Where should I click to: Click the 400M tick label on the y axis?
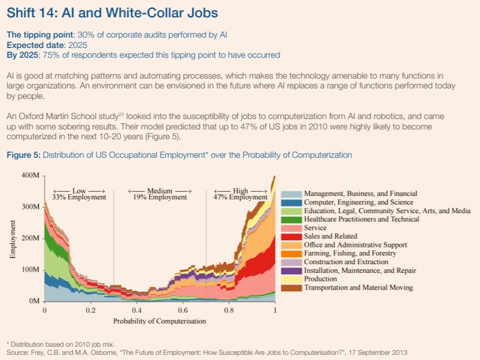(x=31, y=175)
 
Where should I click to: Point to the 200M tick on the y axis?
(x=31, y=238)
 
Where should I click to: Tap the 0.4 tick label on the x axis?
(x=136, y=310)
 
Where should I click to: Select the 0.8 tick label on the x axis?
(x=229, y=310)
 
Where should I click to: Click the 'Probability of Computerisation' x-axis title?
(x=159, y=321)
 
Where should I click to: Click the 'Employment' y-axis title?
(x=13, y=238)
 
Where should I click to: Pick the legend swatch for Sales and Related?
(x=291, y=236)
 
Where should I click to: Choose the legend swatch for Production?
(x=291, y=279)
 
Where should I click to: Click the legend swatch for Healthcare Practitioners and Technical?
(x=291, y=220)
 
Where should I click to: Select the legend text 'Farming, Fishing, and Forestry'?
(x=350, y=254)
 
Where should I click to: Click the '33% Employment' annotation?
(x=79, y=197)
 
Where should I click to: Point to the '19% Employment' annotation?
(x=159, y=197)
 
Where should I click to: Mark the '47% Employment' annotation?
(x=240, y=197)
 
